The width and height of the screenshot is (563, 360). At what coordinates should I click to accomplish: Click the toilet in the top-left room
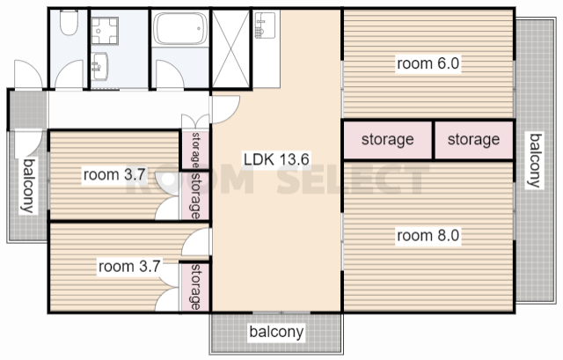pyautogui.click(x=69, y=22)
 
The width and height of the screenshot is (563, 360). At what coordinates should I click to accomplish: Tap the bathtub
pyautogui.click(x=180, y=28)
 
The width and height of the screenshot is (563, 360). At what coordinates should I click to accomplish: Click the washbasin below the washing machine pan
pyautogui.click(x=99, y=67)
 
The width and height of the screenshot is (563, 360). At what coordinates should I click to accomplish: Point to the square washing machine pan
pyautogui.click(x=104, y=31)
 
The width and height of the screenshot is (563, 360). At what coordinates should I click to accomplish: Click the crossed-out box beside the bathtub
pyautogui.click(x=230, y=48)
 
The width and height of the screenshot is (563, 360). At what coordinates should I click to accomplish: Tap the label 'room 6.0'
pyautogui.click(x=428, y=63)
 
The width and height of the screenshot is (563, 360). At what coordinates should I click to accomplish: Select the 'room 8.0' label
pyautogui.click(x=428, y=236)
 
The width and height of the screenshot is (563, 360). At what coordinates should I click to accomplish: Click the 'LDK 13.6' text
pyautogui.click(x=276, y=159)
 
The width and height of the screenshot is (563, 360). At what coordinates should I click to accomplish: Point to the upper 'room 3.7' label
pyautogui.click(x=114, y=175)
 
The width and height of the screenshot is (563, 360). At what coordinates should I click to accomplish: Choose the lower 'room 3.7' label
pyautogui.click(x=129, y=267)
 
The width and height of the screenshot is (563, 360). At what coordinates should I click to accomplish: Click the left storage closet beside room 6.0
pyautogui.click(x=388, y=140)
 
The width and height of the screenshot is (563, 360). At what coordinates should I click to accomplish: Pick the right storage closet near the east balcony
pyautogui.click(x=474, y=140)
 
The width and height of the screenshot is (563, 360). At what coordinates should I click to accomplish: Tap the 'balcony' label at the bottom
pyautogui.click(x=276, y=332)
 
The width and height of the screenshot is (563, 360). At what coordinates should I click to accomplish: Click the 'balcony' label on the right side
pyautogui.click(x=536, y=160)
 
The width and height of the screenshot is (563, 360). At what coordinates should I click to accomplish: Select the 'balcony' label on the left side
pyautogui.click(x=29, y=186)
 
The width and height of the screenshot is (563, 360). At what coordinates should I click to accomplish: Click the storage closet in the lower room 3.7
pyautogui.click(x=194, y=287)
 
